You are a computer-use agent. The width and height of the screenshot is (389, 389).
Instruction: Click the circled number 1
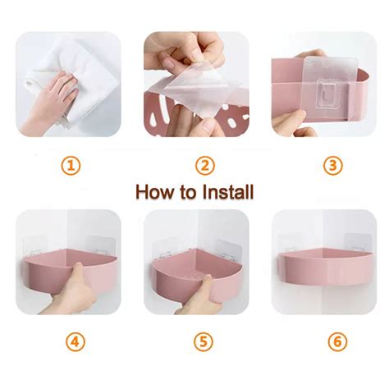[71, 165]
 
